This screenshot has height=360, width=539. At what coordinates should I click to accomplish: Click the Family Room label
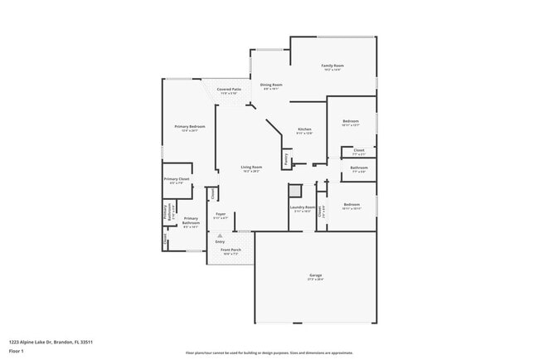pyautogui.click(x=333, y=66)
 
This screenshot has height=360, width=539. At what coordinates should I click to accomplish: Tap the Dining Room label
pyautogui.click(x=271, y=85)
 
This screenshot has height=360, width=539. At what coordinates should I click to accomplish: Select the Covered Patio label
pyautogui.click(x=229, y=89)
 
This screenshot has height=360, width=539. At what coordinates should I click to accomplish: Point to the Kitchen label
pyautogui.click(x=304, y=129)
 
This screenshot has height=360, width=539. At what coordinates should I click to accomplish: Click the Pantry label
pyautogui.click(x=287, y=157)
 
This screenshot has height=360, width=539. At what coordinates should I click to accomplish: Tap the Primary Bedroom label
pyautogui.click(x=190, y=126)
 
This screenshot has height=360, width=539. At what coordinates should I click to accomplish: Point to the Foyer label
pyautogui.click(x=221, y=214)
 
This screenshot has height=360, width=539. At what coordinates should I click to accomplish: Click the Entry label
pyautogui.click(x=220, y=241)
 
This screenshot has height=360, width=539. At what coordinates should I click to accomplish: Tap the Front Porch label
pyautogui.click(x=231, y=250)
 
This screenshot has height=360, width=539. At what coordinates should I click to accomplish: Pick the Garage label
pyautogui.click(x=316, y=275)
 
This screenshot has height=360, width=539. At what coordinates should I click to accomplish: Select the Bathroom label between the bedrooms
pyautogui.click(x=359, y=168)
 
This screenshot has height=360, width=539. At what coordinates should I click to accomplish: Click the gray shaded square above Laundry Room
pyautogui.click(x=295, y=190)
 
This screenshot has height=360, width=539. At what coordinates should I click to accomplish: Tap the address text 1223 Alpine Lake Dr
pyautogui.click(x=51, y=342)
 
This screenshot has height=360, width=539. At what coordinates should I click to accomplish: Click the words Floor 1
pyautogui.click(x=16, y=350)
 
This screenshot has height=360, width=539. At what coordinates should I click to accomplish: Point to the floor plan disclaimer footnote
pyautogui.click(x=269, y=353)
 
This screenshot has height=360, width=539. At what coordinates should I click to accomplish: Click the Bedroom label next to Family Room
pyautogui.click(x=352, y=121)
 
